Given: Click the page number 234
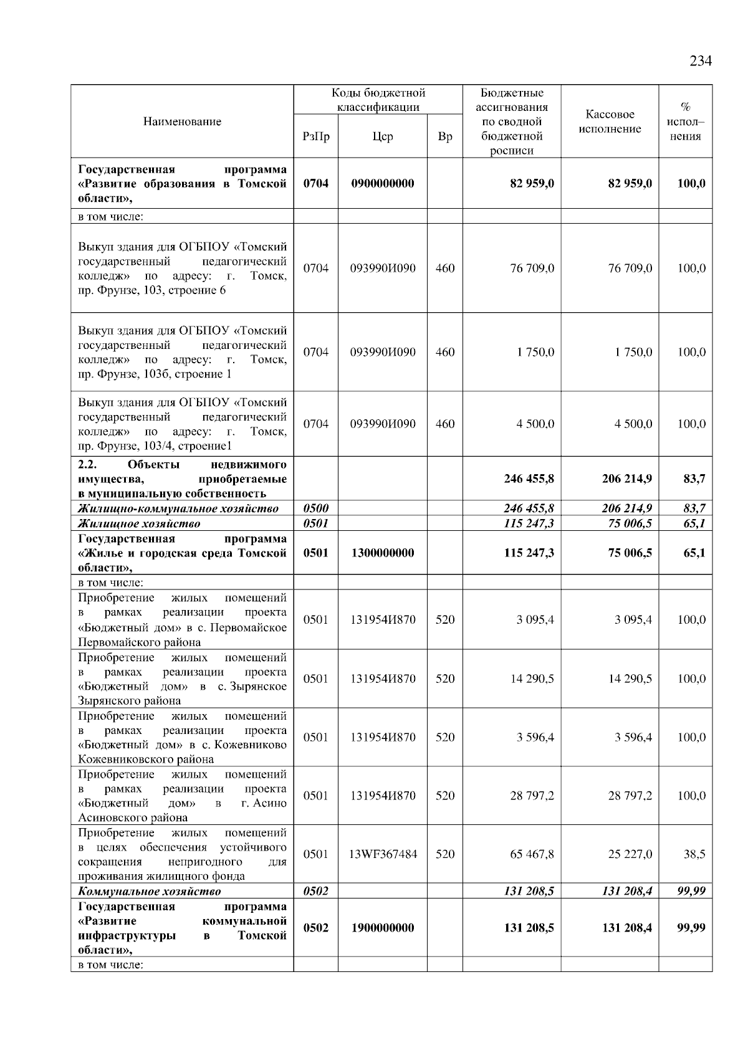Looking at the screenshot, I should click(700, 61).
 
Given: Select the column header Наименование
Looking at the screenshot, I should click(182, 122).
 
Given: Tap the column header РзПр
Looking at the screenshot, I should click(315, 136).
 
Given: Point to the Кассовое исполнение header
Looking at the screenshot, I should click(610, 122).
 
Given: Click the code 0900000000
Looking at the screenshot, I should click(382, 184).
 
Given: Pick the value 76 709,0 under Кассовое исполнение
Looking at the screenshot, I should click(630, 269).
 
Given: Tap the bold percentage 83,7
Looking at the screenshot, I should click(693, 479).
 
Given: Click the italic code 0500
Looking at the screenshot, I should click(315, 508).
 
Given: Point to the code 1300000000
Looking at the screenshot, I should click(382, 553).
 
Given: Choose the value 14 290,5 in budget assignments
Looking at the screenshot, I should click(532, 679).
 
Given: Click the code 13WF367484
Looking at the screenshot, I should click(383, 854).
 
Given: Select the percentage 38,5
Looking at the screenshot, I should click(694, 854).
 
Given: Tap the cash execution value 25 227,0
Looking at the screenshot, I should click(630, 854).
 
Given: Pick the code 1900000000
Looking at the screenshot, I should click(382, 928).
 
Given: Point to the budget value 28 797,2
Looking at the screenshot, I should click(532, 796).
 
